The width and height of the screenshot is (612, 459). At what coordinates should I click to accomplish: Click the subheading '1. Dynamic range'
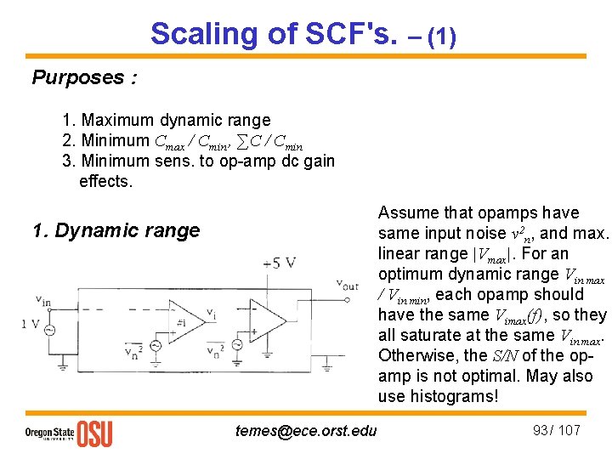click(116, 230)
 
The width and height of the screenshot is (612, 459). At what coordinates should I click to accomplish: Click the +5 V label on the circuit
click(280, 262)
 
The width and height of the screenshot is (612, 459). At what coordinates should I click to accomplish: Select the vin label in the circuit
click(43, 298)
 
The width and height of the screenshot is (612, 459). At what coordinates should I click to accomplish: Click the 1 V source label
click(31, 323)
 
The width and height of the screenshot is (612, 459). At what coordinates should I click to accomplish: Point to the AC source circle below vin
click(49, 331)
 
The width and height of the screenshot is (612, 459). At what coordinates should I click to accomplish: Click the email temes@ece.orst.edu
click(306, 431)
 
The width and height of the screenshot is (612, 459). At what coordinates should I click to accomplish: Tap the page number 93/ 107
click(556, 430)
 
